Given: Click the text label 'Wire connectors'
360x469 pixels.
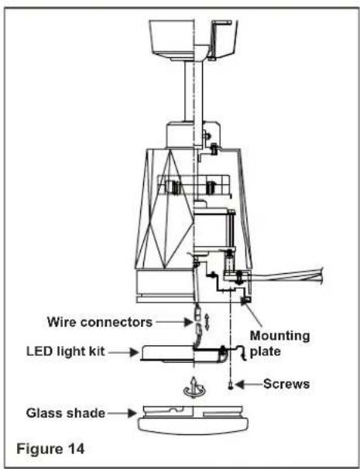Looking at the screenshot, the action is (x=100, y=322).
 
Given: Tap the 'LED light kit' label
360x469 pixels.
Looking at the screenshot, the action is (x=66, y=351).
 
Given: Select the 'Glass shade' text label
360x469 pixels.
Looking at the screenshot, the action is (x=66, y=413).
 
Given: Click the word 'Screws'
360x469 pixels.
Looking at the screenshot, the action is (x=286, y=384).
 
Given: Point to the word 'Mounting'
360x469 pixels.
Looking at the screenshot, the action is (x=279, y=336).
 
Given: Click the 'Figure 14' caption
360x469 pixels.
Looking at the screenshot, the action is (x=50, y=449).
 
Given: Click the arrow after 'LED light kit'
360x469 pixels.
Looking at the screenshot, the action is (x=124, y=352).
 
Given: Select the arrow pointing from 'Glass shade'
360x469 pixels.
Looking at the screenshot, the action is (x=122, y=413).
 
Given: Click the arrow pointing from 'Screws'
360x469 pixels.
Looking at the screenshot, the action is (x=249, y=385).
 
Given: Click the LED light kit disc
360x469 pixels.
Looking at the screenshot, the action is (x=183, y=354).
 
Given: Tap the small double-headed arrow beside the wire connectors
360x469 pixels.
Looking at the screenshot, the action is (x=207, y=322).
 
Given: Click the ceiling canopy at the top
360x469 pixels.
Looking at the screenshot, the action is (x=194, y=39).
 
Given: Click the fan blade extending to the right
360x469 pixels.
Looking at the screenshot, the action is (x=286, y=276).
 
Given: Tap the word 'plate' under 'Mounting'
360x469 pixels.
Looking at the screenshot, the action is (x=266, y=351).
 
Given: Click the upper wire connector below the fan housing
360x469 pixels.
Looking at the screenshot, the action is (x=197, y=312).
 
